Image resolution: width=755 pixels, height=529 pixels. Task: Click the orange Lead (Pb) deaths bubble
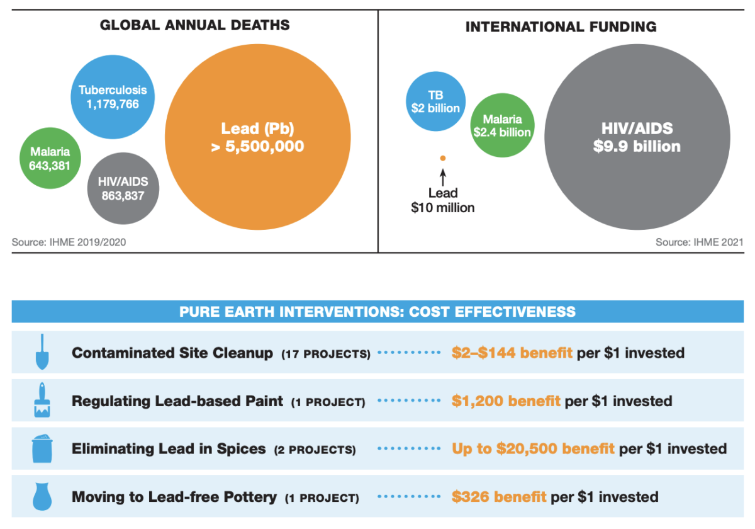click(x=258, y=138)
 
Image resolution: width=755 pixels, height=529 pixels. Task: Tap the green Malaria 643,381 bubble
click(x=49, y=159)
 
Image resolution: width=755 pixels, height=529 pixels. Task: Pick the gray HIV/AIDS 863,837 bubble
click(x=123, y=188)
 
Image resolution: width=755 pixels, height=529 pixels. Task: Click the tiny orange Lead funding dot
click(x=443, y=158)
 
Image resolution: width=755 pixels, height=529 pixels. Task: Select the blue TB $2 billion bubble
click(x=435, y=101)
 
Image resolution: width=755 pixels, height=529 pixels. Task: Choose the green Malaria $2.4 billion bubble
click(x=502, y=125)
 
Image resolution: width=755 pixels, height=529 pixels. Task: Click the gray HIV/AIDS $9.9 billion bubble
click(x=636, y=138)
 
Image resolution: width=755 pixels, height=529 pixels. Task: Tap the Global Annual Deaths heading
click(x=195, y=26)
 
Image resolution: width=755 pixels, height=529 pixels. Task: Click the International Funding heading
click(x=561, y=27)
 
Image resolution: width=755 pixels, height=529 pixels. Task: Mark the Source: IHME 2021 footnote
click(x=699, y=242)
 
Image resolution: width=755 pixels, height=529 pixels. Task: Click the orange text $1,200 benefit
click(x=506, y=401)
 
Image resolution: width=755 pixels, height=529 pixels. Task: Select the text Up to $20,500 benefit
click(x=533, y=449)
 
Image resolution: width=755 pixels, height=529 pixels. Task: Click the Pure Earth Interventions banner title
click(x=377, y=312)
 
